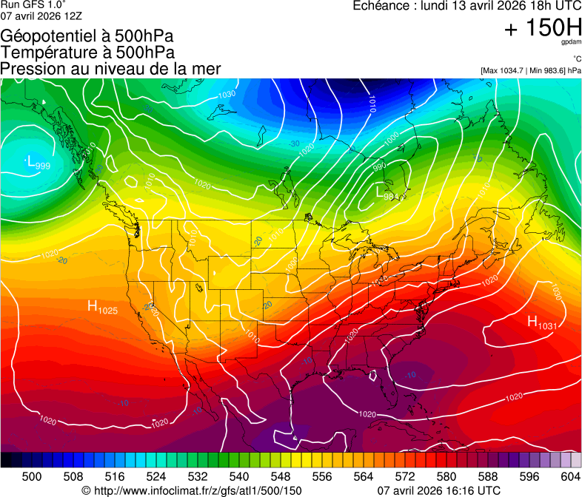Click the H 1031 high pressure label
pos(541,322)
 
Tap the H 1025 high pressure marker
pos(102,307)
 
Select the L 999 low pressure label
pos(38,163)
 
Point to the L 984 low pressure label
pos(387,193)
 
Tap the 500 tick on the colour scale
pos(32,476)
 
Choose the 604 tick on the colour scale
pos(571,476)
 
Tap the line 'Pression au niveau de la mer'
pos(110,69)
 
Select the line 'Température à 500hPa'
pos(87,53)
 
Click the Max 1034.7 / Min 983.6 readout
pos(530,70)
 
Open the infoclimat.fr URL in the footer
pos(192,490)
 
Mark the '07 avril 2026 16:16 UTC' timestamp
pos(439,490)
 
